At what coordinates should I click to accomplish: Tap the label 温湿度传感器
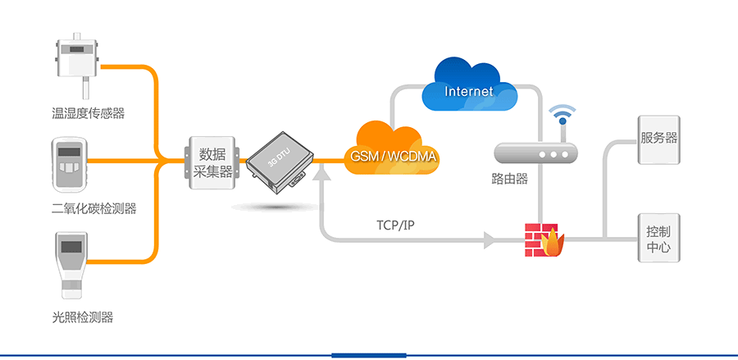[x=89, y=113]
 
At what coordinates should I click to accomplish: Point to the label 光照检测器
[x=82, y=317]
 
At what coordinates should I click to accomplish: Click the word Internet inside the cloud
[x=469, y=91]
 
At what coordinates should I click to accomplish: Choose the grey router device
[x=536, y=153]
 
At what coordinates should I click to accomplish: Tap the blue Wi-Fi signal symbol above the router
[x=563, y=115]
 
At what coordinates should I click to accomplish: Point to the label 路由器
[x=509, y=179]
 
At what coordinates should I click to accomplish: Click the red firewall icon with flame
[x=544, y=239]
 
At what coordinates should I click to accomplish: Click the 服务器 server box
[x=659, y=139]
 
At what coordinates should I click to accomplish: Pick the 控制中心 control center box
[x=658, y=239]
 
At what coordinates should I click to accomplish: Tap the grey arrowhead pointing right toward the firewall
[x=490, y=240]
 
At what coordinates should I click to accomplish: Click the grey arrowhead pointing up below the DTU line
[x=321, y=171]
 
